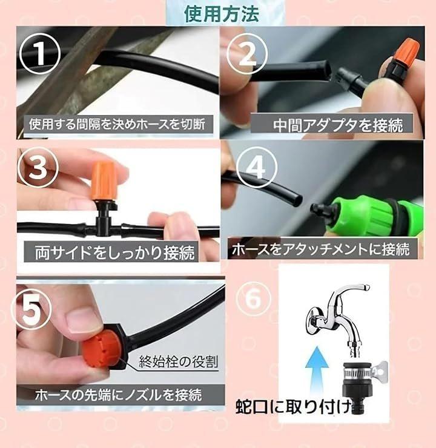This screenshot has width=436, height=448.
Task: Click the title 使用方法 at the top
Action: pyautogui.click(x=222, y=14)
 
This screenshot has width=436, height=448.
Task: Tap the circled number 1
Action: pyautogui.click(x=40, y=53)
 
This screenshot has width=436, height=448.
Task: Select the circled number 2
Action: pyautogui.click(x=247, y=54)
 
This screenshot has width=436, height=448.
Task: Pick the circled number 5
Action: pyautogui.click(x=31, y=309)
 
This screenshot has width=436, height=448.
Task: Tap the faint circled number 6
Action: pyautogui.click(x=253, y=298)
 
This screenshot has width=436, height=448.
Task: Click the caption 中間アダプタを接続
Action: pyautogui.click(x=338, y=125)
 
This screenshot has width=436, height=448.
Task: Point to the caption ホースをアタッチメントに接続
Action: pyautogui.click(x=321, y=249)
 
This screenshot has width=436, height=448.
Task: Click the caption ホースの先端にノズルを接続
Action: pyautogui.click(x=118, y=395)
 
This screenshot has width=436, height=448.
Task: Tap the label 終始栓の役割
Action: pyautogui.click(x=179, y=361)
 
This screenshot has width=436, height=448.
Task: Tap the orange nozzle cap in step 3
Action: pyautogui.click(x=104, y=180)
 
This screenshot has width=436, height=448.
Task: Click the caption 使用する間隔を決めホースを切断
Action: pyautogui.click(x=117, y=124)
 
